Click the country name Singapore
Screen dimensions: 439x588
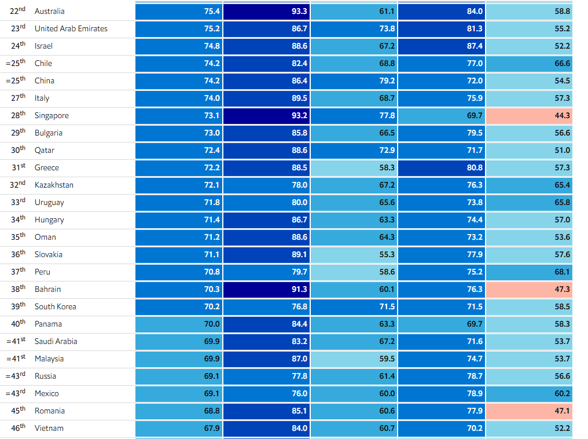(52, 116)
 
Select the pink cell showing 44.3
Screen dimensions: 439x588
(529, 116)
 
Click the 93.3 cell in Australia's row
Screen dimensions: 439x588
(266, 12)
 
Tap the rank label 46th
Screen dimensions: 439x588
(19, 428)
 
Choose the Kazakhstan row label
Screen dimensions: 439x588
(54, 185)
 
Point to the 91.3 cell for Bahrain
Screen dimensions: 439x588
(266, 290)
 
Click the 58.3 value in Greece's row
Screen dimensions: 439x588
(354, 168)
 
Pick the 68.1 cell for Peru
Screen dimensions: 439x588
(529, 272)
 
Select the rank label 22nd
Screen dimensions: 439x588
(18, 11)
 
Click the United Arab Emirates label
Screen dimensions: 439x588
(71, 29)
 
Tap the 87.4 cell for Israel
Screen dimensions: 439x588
(442, 46)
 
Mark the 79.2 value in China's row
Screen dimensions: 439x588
(354, 81)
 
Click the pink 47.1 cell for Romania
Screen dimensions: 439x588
(529, 411)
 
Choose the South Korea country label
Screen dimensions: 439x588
(55, 307)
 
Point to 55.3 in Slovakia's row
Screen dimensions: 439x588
(354, 255)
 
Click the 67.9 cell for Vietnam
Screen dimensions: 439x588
(179, 429)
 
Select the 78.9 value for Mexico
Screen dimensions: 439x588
(442, 394)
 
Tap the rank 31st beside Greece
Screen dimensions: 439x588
(19, 167)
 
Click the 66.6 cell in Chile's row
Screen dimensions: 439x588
(529, 64)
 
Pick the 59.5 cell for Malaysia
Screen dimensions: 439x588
(354, 359)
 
